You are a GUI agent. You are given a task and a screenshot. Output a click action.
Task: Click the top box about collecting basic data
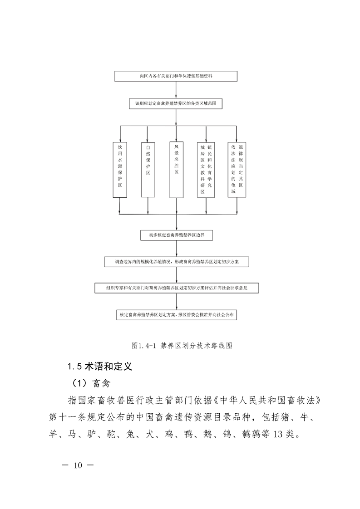pos(176,76)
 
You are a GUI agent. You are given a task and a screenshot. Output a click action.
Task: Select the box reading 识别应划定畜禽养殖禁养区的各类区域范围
pos(176,104)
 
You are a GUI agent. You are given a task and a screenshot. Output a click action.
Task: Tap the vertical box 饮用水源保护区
pos(120,170)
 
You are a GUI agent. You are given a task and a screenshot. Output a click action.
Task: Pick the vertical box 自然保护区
pos(148,170)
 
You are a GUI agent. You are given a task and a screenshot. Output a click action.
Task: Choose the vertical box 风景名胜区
pos(177,169)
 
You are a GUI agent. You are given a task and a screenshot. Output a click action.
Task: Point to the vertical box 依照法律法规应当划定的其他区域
pos(237,169)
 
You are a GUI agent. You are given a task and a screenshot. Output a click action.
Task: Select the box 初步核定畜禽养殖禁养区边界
pos(176,235)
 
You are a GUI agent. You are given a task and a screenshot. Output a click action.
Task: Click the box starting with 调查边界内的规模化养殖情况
pos(176,262)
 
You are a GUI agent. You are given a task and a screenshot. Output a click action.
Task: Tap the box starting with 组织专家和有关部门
pos(176,288)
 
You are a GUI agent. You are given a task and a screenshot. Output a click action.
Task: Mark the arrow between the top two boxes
pos(176,90)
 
